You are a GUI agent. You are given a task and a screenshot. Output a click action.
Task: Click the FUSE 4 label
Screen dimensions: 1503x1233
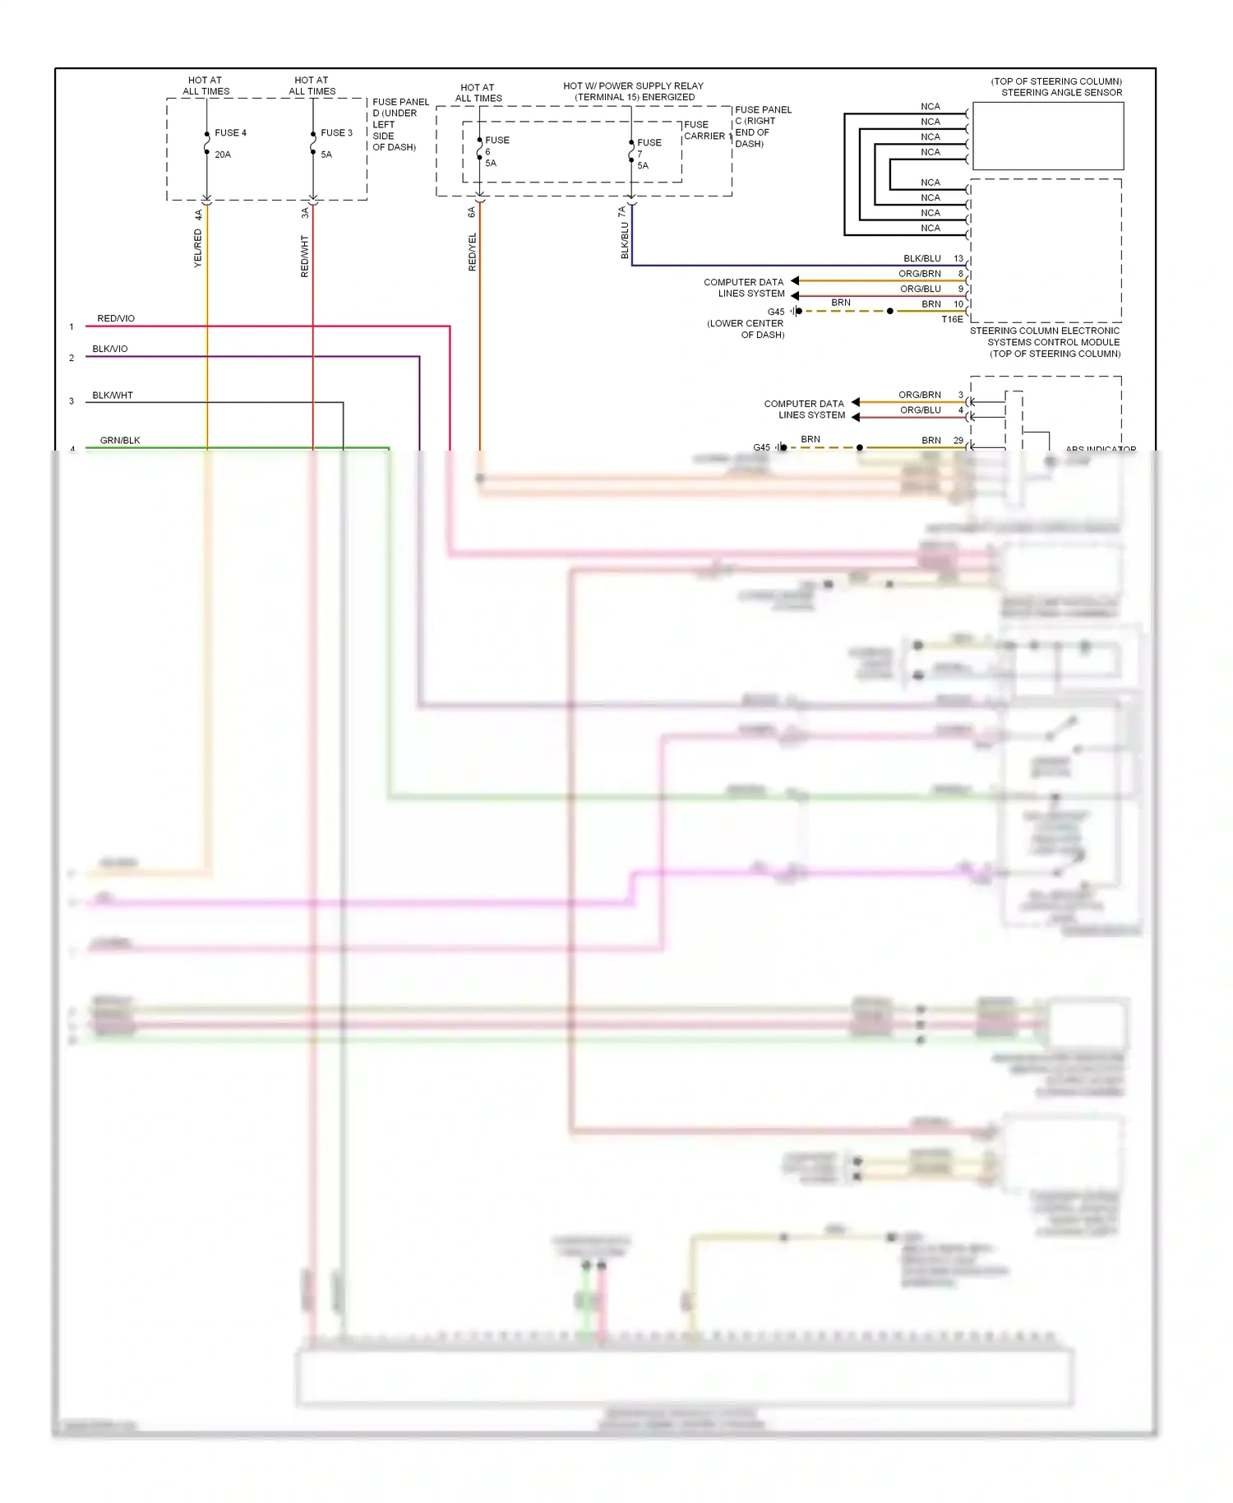230,133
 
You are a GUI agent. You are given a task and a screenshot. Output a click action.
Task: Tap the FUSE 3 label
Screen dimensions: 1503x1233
336,133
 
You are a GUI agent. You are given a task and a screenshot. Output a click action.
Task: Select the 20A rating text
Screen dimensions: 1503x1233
223,155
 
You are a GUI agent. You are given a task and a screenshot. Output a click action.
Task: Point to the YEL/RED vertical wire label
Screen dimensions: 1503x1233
198,247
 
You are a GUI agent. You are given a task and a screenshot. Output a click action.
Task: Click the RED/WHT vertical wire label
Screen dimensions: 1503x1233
305,256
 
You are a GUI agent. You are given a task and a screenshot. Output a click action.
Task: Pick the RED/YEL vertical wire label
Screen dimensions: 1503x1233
473,252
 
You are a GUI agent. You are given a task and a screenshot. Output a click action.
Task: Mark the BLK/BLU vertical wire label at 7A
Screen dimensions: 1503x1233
625,240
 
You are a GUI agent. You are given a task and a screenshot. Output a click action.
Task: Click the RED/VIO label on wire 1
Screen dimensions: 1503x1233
116,318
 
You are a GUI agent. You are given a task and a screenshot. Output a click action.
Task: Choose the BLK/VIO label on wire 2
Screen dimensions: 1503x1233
110,349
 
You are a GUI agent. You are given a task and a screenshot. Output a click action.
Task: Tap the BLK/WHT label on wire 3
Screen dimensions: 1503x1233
113,395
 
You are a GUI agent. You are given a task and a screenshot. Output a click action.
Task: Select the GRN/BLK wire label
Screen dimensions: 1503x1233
120,441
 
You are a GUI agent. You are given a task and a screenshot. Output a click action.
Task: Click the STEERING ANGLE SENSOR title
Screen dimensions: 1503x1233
1061,93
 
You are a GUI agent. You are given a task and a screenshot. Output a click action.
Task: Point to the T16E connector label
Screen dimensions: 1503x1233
952,319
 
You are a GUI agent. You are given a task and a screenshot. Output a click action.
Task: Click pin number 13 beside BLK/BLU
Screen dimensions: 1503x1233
958,258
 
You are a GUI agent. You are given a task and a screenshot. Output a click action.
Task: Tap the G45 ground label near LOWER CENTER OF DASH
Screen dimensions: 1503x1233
776,312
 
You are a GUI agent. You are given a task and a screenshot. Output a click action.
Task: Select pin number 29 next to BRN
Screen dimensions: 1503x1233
958,441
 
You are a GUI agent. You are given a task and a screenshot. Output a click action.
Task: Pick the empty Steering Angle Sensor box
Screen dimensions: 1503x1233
1048,136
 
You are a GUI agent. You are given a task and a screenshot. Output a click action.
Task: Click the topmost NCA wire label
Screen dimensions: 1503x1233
931,107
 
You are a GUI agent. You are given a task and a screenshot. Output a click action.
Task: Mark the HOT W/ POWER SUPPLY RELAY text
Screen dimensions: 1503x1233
633,86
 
